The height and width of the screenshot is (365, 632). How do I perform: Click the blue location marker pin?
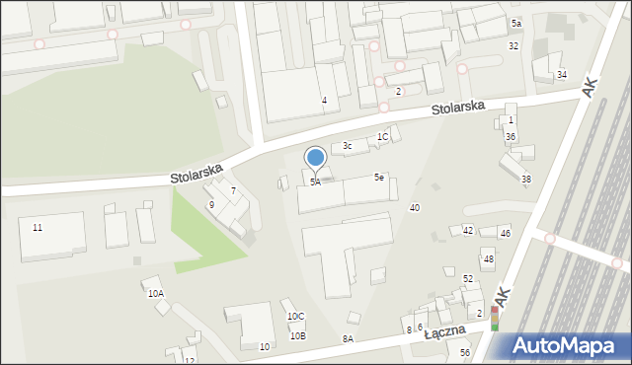point(316,158)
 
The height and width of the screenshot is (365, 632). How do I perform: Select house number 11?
point(38,228)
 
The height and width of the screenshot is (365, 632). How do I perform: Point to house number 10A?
point(156,294)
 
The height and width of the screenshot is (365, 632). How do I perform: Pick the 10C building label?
point(296,316)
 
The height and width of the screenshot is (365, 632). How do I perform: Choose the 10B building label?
point(297,335)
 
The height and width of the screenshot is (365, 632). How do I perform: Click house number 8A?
point(348,338)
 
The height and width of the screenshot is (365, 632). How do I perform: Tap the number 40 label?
point(415,207)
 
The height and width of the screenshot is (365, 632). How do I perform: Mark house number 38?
point(526,179)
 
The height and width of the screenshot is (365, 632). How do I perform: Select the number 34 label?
point(562,74)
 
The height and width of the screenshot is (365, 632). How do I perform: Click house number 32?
point(513,46)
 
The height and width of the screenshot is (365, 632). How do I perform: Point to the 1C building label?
point(383,137)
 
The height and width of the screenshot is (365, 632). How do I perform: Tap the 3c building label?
point(347,146)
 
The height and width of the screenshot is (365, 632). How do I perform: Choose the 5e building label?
point(379,177)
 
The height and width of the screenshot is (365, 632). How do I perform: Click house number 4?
point(324,101)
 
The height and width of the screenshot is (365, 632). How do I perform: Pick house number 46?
point(505,234)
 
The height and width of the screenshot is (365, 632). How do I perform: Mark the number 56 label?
point(464,352)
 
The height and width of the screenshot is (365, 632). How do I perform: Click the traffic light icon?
point(495,318)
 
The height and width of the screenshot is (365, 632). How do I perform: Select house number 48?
point(488,258)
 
